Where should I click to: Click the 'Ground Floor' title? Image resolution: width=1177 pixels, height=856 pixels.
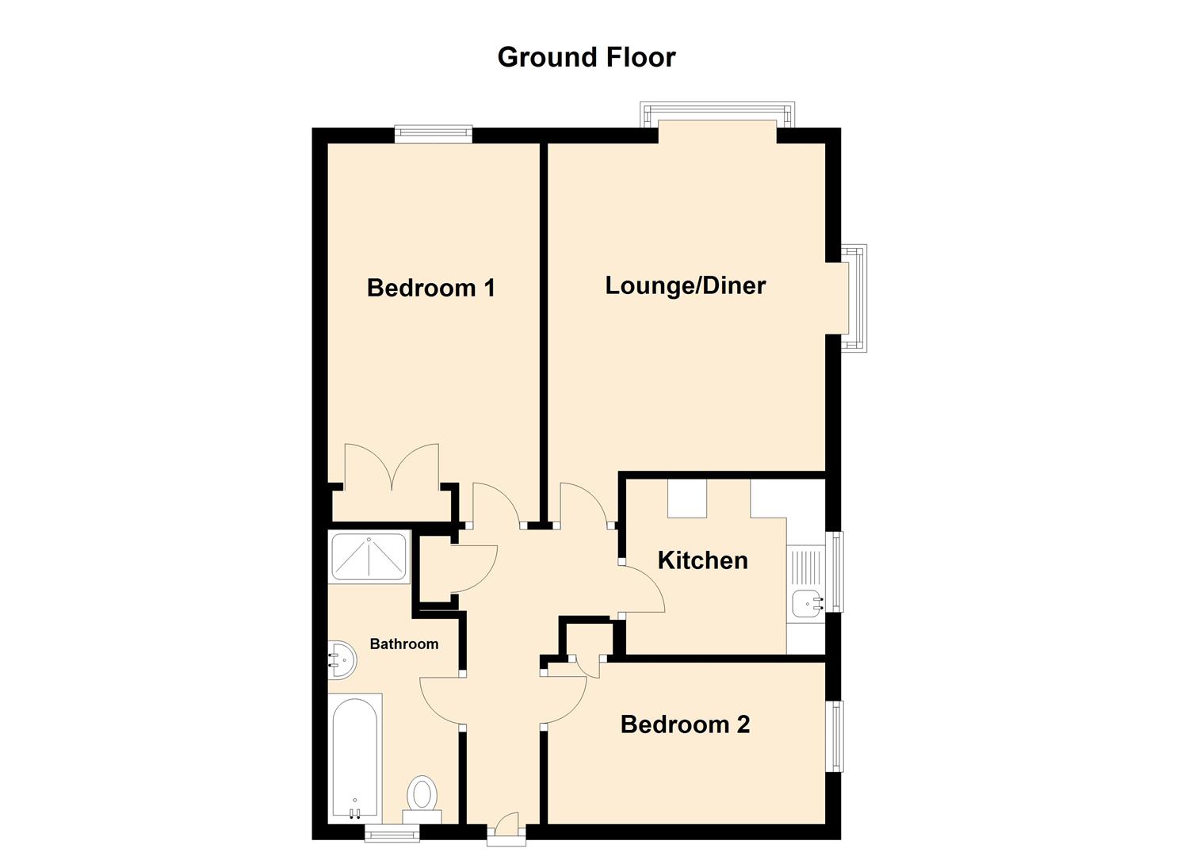[586, 57]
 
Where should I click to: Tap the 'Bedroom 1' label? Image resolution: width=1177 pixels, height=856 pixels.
[431, 287]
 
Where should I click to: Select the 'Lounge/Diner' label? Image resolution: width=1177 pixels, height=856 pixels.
[685, 285]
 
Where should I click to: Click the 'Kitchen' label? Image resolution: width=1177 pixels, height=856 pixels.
[702, 560]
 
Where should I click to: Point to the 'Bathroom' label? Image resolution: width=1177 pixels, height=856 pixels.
[403, 644]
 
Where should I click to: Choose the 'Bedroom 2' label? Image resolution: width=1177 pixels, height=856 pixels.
[685, 724]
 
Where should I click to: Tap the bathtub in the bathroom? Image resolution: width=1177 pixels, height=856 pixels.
[355, 757]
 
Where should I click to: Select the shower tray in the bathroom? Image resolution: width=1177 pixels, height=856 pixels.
[369, 557]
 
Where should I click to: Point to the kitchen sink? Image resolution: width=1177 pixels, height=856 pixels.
[806, 605]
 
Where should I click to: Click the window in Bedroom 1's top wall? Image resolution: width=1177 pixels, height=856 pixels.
[434, 134]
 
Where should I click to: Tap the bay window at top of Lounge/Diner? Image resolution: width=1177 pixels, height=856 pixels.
[717, 114]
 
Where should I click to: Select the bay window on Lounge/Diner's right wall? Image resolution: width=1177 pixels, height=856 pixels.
[854, 298]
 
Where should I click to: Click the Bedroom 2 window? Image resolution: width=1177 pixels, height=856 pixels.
[835, 736]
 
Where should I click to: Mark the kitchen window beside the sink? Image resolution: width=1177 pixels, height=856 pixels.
[835, 571]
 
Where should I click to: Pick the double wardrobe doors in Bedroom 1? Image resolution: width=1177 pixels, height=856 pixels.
[392, 468]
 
